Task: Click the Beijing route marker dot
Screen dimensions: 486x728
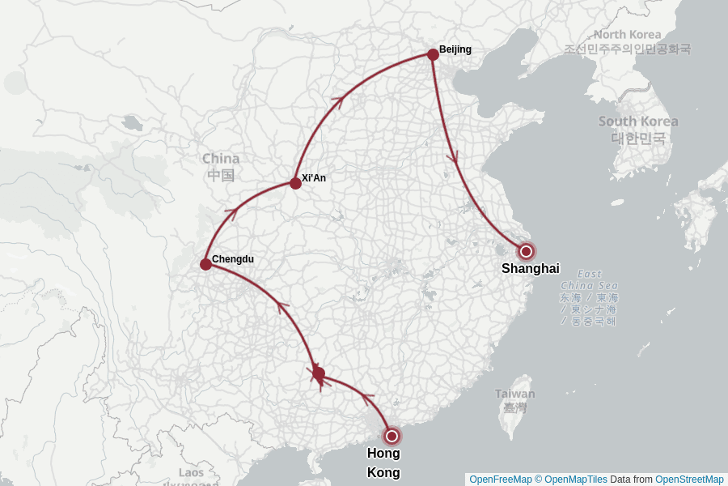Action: (433, 54)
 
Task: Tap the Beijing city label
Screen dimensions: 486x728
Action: (455, 49)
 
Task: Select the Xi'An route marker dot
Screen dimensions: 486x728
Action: (296, 183)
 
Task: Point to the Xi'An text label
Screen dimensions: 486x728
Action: (314, 178)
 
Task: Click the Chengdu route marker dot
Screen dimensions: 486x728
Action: (205, 264)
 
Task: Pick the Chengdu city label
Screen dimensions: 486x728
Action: (233, 259)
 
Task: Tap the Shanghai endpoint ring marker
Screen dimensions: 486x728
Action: (526, 251)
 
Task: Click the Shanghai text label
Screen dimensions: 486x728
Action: (531, 269)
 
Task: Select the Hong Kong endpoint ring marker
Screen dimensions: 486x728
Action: (392, 436)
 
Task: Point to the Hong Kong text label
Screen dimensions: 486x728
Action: (383, 463)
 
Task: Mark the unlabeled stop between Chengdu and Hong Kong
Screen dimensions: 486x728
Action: (319, 373)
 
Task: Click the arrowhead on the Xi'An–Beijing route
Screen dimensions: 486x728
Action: (339, 100)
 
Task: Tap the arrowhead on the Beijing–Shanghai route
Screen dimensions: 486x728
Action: (454, 156)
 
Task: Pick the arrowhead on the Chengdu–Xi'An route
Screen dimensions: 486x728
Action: (232, 214)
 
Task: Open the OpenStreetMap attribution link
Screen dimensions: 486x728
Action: (689, 480)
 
